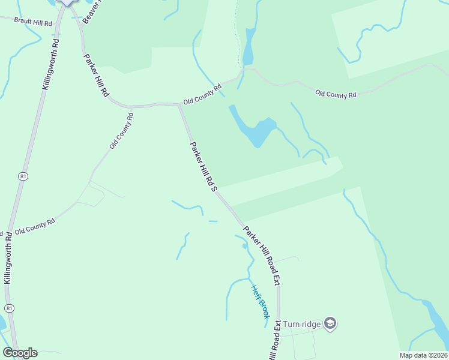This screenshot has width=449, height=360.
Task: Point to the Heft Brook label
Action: [261, 301]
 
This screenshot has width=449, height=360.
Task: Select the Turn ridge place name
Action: [302, 324]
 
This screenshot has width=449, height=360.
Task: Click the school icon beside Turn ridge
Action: [330, 324]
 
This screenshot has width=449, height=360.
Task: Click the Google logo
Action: [20, 353]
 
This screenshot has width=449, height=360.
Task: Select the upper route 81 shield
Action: [23, 176]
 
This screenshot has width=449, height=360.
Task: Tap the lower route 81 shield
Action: [8, 308]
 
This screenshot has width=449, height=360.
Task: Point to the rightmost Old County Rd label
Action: [336, 94]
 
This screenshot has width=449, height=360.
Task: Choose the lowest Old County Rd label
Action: [35, 226]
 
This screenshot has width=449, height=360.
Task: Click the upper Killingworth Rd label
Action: [50, 65]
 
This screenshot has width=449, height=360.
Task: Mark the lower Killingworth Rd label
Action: [7, 258]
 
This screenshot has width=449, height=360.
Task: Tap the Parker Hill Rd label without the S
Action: [96, 73]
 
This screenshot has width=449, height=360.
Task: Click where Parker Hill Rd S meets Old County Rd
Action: [179, 105]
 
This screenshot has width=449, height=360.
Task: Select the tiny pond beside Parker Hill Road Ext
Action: [245, 245]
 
